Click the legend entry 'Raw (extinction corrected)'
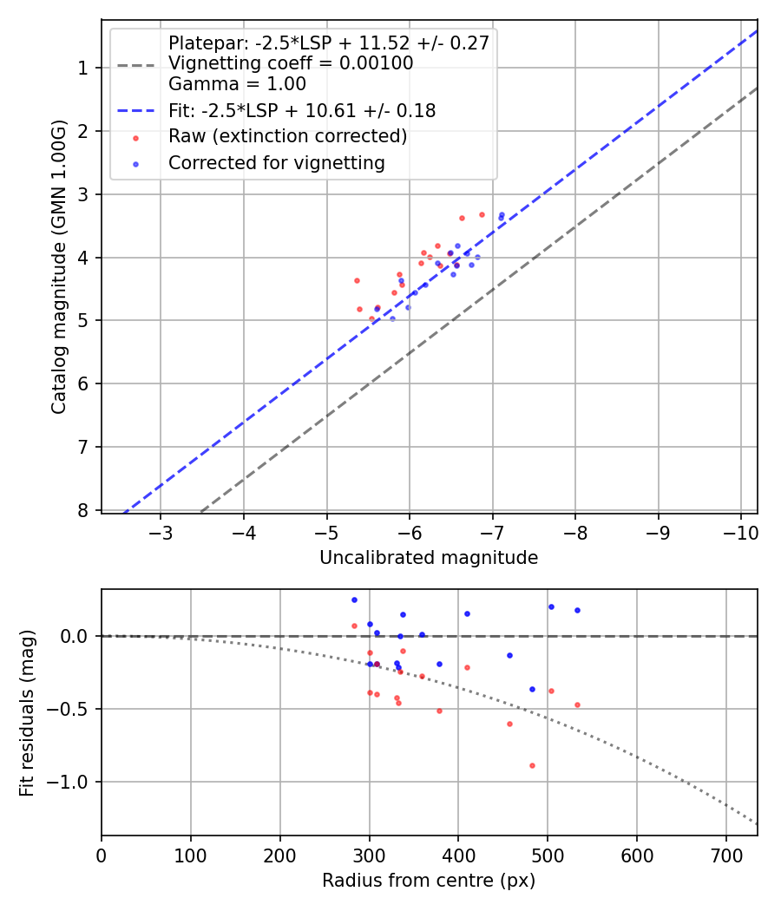coord(287,136)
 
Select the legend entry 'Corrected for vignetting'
coord(277,162)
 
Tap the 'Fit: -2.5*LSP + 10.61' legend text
coord(302,110)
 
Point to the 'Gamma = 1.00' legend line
coord(237,84)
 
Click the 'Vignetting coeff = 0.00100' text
coord(291,63)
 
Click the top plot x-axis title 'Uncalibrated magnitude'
coord(429,558)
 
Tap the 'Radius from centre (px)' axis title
coord(429,881)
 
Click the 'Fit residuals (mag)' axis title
coord(27,712)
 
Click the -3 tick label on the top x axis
coord(161,531)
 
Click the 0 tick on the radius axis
coord(102,854)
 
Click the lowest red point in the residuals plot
coord(532,765)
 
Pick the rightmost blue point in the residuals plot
coord(577,610)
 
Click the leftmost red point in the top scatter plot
coord(357,280)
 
